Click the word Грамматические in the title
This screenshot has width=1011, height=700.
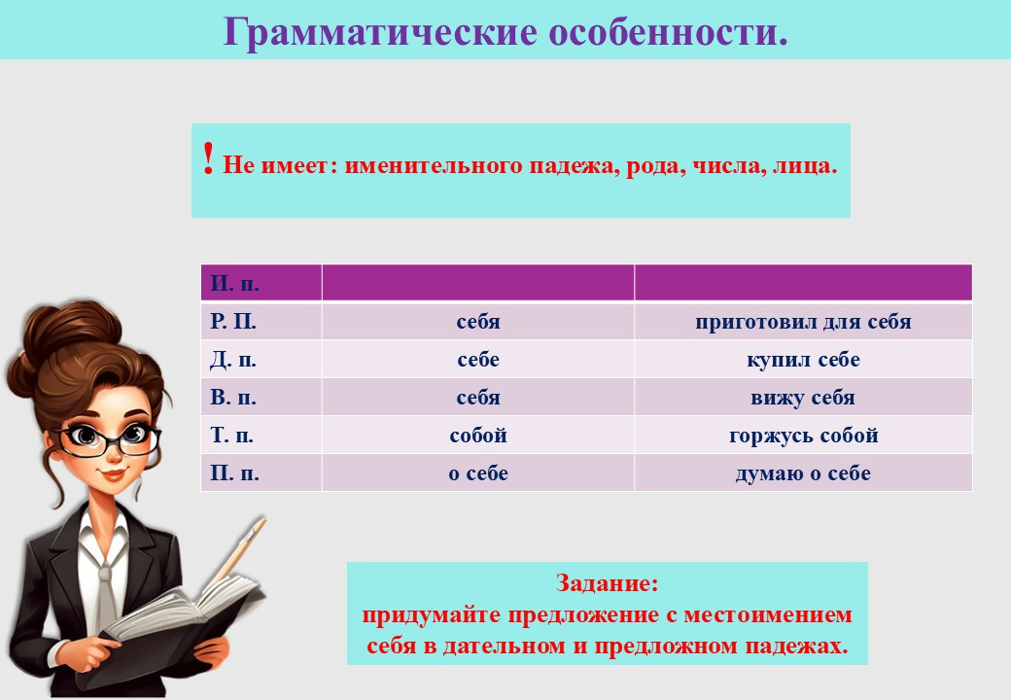click(380, 31)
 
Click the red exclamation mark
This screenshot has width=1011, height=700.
click(208, 158)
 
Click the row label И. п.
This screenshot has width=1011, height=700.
click(234, 283)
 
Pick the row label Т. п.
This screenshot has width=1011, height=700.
click(231, 436)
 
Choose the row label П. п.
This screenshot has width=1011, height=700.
click(234, 473)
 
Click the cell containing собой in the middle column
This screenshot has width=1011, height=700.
click(478, 436)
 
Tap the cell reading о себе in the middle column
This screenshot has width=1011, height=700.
click(478, 473)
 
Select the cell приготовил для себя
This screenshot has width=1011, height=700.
click(803, 322)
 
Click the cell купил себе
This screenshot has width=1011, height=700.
click(803, 360)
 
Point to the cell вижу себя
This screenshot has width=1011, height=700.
click(803, 397)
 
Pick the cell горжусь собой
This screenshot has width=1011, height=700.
click(803, 436)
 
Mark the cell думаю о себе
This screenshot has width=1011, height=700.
click(803, 473)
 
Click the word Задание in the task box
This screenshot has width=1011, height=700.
click(602, 582)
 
